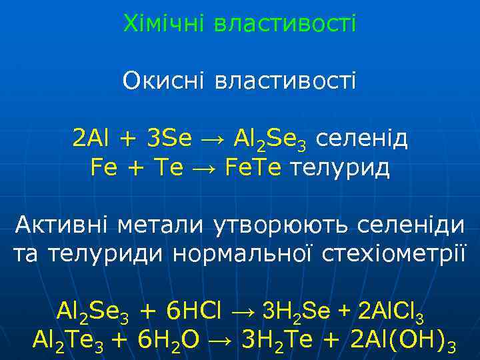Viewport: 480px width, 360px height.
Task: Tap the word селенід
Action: tap(361, 139)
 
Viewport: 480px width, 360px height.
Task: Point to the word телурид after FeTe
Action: tap(340, 168)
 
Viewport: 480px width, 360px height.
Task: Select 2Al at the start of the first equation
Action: tap(92, 139)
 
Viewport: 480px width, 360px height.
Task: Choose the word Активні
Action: tap(63, 224)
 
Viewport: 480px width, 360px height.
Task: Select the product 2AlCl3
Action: tap(391, 311)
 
